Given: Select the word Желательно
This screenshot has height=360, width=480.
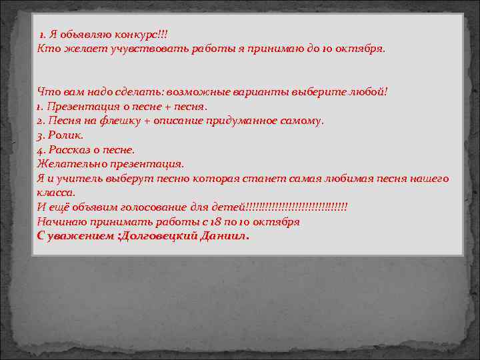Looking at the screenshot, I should point(69,164).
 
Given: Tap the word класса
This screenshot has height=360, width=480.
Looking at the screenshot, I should point(56,193).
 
